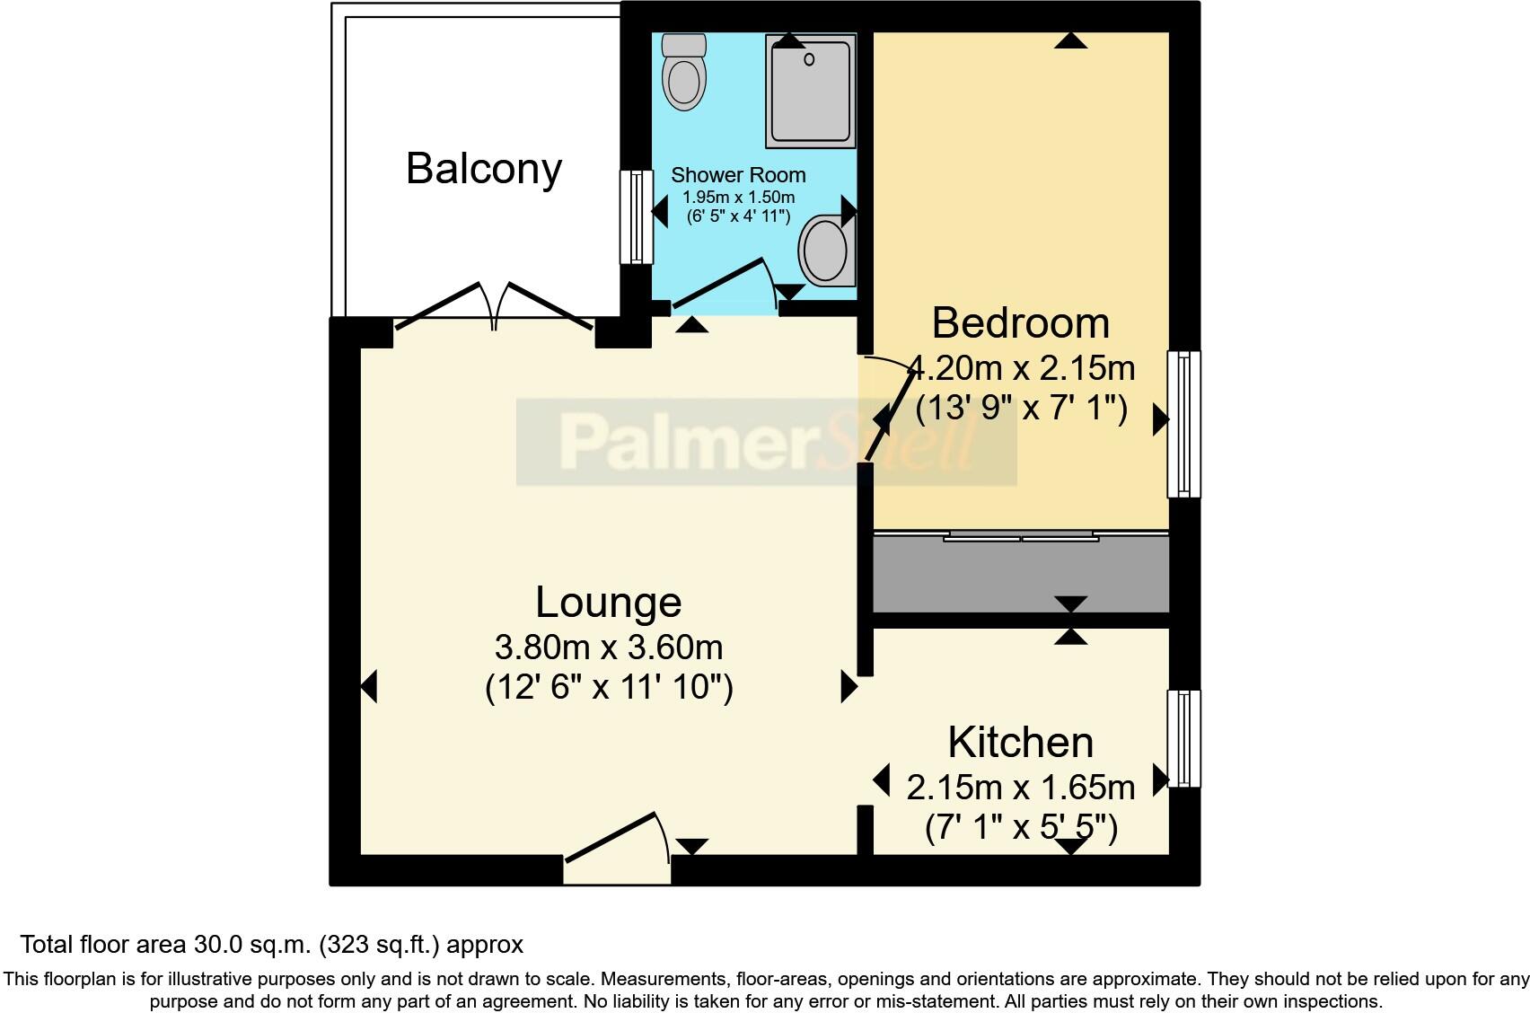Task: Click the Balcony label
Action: pos(484,169)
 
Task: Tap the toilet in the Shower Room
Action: pos(684,72)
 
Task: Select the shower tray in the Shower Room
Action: pos(810,91)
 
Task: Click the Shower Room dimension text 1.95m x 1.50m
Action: pos(738,197)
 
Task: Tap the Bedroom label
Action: pos(1020,323)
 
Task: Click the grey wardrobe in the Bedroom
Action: pos(1021,575)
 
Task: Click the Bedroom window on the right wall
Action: pos(1183,424)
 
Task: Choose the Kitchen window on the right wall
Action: pos(1183,738)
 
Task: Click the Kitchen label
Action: pos(1020,743)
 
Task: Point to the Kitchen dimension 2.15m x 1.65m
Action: pos(1020,788)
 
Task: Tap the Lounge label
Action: pos(608,603)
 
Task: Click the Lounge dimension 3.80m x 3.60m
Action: pos(608,647)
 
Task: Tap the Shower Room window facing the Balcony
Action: pos(637,217)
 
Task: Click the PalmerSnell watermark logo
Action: pos(766,443)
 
